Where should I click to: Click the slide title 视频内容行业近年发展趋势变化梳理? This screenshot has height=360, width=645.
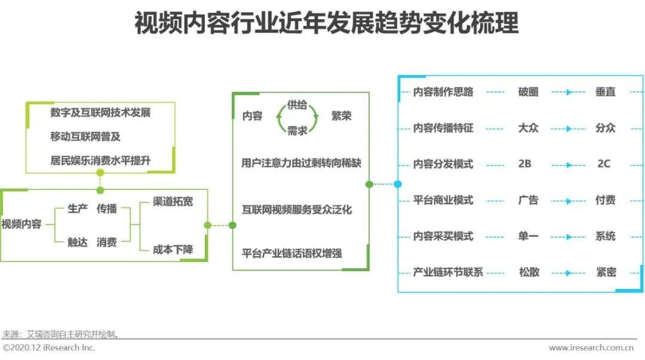326,23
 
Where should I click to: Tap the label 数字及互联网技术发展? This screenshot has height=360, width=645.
100,112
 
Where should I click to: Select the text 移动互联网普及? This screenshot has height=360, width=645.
85,136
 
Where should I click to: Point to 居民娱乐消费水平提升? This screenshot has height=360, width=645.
100,160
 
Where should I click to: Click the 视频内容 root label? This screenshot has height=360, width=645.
21,224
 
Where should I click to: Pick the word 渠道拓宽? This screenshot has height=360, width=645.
173,201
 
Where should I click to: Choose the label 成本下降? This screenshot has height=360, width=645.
173,250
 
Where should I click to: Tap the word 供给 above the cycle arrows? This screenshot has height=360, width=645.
297,105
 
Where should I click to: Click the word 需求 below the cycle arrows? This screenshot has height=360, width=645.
297,131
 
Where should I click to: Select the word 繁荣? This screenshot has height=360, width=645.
342,116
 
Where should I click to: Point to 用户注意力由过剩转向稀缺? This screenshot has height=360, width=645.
301,163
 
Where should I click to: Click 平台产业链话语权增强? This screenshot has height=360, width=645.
291,253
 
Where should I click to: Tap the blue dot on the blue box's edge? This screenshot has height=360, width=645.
398,184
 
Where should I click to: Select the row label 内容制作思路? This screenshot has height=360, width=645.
443,92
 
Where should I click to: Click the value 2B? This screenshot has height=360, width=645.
524,164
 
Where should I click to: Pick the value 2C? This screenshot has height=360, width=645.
603,164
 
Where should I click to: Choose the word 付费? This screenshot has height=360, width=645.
606,200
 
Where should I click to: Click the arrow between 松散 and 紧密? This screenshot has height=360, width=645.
569,273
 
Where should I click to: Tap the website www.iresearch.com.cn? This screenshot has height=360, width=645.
591,347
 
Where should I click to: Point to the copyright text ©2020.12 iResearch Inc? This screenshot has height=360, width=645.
49,347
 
